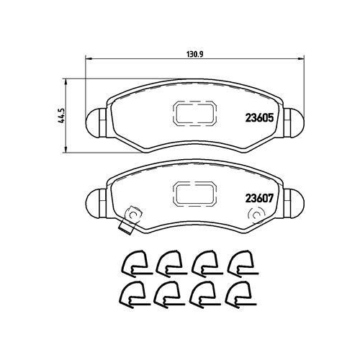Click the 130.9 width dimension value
pyautogui.click(x=195, y=55)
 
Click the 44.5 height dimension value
pyautogui.click(x=62, y=115)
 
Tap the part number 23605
pyautogui.click(x=259, y=117)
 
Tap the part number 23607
pyautogui.click(x=259, y=198)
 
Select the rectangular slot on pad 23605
pyautogui.click(x=194, y=113)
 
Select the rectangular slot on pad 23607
pyautogui.click(x=194, y=194)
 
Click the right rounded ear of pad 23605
pyautogui.click(x=294, y=123)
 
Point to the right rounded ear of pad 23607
pyautogui.click(x=294, y=204)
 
